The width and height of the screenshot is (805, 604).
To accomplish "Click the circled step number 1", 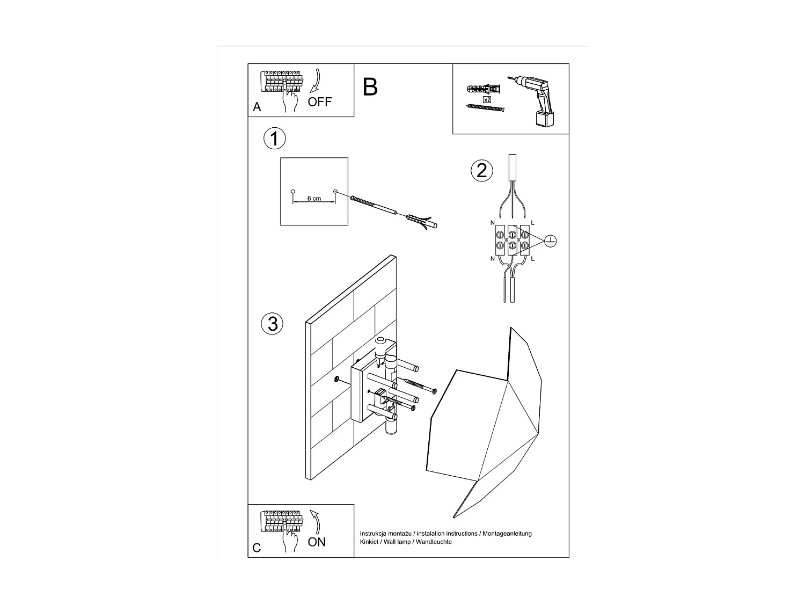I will tap(275, 139).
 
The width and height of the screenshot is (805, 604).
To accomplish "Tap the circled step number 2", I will tap(481, 170).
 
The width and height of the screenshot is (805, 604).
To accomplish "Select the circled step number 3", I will tap(272, 324).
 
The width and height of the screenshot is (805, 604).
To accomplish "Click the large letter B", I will tap(370, 87).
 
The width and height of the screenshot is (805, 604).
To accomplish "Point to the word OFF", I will tap(320, 101).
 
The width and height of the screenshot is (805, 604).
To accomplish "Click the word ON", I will tap(317, 542).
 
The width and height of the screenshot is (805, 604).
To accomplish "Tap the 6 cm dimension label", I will tap(314, 199).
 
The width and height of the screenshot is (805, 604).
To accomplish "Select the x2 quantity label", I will tap(487, 100).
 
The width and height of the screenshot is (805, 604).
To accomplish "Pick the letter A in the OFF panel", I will tap(257, 107).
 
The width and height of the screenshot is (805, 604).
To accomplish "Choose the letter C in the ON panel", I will tap(257, 548).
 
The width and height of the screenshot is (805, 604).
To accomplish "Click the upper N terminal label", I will tap(492, 223).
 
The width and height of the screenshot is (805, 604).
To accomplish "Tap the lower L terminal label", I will tap(532, 259).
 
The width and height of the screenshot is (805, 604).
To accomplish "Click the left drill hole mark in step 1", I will tap(293, 192).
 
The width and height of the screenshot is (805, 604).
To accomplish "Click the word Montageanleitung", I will tap(507, 534).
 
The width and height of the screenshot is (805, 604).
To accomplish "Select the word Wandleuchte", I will tap(434, 542).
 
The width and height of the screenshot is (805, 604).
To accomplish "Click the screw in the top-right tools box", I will tap(486, 108).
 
